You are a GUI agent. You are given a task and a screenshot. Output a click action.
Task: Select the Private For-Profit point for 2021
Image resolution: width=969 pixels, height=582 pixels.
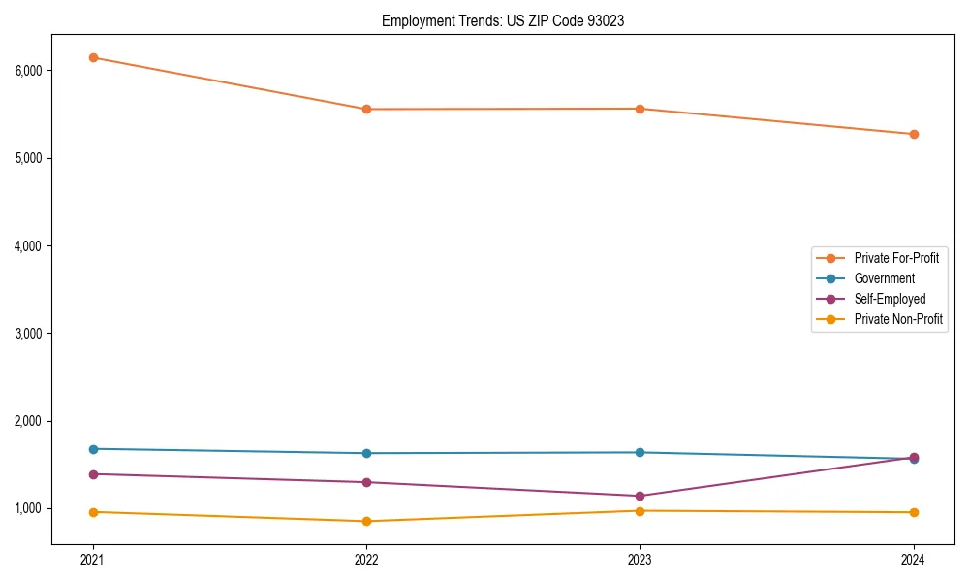point(93,57)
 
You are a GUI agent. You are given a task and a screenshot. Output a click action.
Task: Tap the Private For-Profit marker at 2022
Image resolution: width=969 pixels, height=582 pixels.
point(366,109)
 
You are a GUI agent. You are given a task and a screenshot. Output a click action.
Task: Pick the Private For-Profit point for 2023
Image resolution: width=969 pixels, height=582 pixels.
point(640,109)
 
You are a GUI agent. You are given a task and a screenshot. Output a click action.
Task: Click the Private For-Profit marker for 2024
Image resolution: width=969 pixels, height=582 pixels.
point(914,134)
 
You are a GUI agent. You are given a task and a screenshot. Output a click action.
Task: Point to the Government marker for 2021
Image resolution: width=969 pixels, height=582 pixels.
point(93,449)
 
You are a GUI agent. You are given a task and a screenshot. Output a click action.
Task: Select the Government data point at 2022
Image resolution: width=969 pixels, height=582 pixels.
point(366,453)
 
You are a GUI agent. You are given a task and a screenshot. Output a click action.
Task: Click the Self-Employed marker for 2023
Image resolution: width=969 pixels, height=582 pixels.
point(640,496)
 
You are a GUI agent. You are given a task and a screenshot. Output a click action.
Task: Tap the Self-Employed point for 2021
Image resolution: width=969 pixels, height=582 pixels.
point(93,474)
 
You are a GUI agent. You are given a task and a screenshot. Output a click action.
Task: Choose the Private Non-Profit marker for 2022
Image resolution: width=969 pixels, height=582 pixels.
point(366,521)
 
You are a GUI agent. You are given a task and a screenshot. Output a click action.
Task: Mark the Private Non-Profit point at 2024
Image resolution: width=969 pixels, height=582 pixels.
point(914,512)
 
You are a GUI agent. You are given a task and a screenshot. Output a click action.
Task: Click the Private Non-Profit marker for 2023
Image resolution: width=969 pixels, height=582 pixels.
point(640,511)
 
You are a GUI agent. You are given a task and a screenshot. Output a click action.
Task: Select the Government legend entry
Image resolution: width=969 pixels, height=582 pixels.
point(884,278)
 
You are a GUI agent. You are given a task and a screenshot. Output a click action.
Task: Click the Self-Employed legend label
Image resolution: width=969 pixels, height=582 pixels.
point(890,299)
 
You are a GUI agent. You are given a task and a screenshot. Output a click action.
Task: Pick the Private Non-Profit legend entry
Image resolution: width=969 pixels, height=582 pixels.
point(898,319)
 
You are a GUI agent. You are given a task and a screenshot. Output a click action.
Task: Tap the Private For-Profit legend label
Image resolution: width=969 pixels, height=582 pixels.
point(896,258)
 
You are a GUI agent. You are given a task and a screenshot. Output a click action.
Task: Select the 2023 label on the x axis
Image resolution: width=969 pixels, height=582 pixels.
point(640,559)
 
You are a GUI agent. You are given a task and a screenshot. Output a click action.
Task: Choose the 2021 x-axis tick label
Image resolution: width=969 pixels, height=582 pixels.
point(93,559)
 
